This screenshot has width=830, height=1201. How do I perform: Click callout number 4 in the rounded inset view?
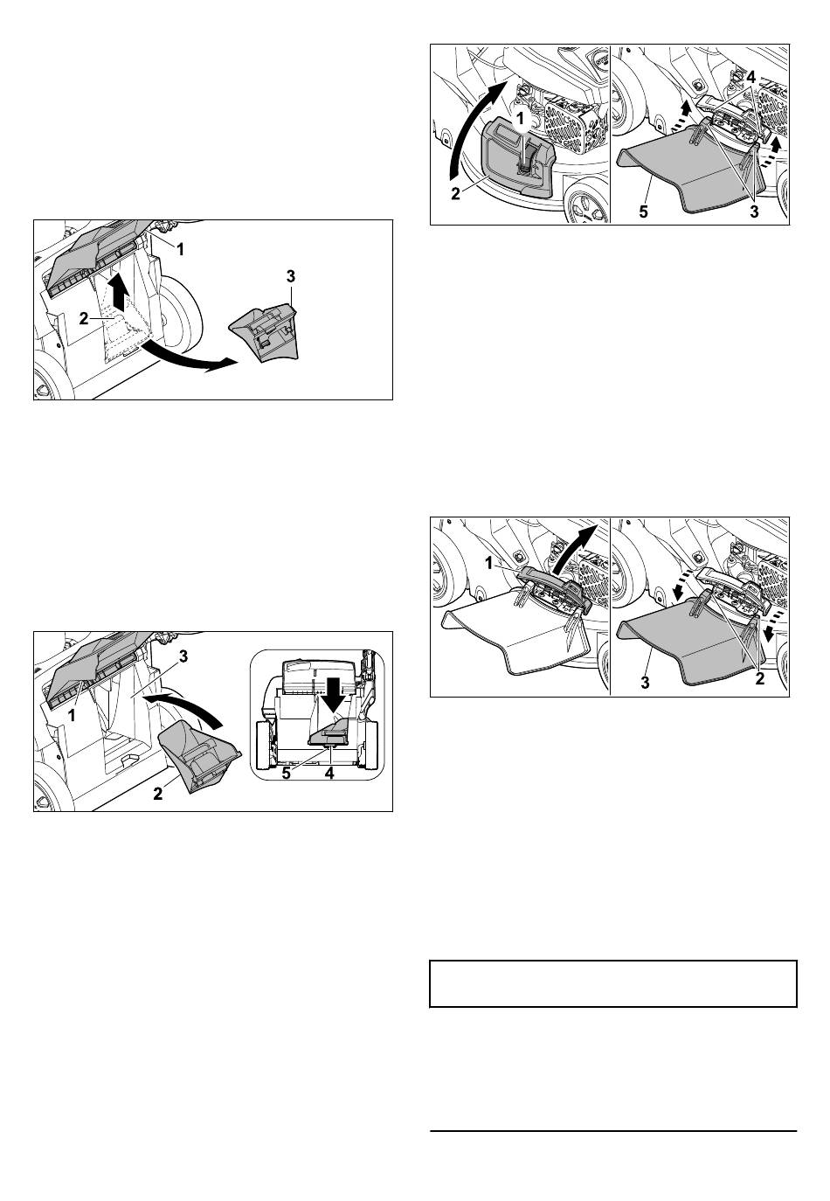coord(329,774)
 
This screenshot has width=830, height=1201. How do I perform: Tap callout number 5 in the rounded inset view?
coord(286,774)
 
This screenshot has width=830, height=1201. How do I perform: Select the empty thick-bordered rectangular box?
coord(613,984)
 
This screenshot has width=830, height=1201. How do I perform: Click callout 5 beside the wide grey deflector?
coord(643,212)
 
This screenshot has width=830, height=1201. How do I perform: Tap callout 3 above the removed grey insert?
coord(290,277)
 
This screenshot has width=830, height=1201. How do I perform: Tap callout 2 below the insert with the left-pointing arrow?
coord(157,793)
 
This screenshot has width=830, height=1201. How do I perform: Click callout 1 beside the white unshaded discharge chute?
coord(488,564)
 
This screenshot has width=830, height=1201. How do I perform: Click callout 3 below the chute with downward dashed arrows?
coord(645,683)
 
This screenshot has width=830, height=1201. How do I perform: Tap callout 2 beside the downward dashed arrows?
coord(759,679)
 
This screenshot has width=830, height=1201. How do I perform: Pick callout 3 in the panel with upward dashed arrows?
coord(754,212)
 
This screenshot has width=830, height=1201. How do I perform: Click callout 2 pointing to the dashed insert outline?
coord(84,318)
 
